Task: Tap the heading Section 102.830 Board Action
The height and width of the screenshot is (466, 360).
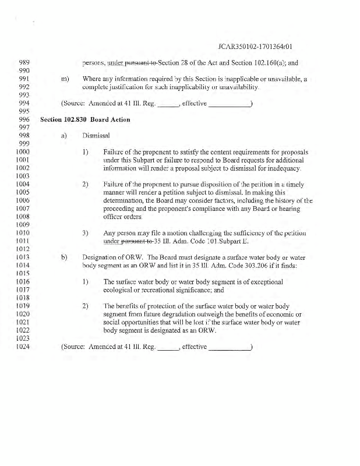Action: click(x=85, y=120)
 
